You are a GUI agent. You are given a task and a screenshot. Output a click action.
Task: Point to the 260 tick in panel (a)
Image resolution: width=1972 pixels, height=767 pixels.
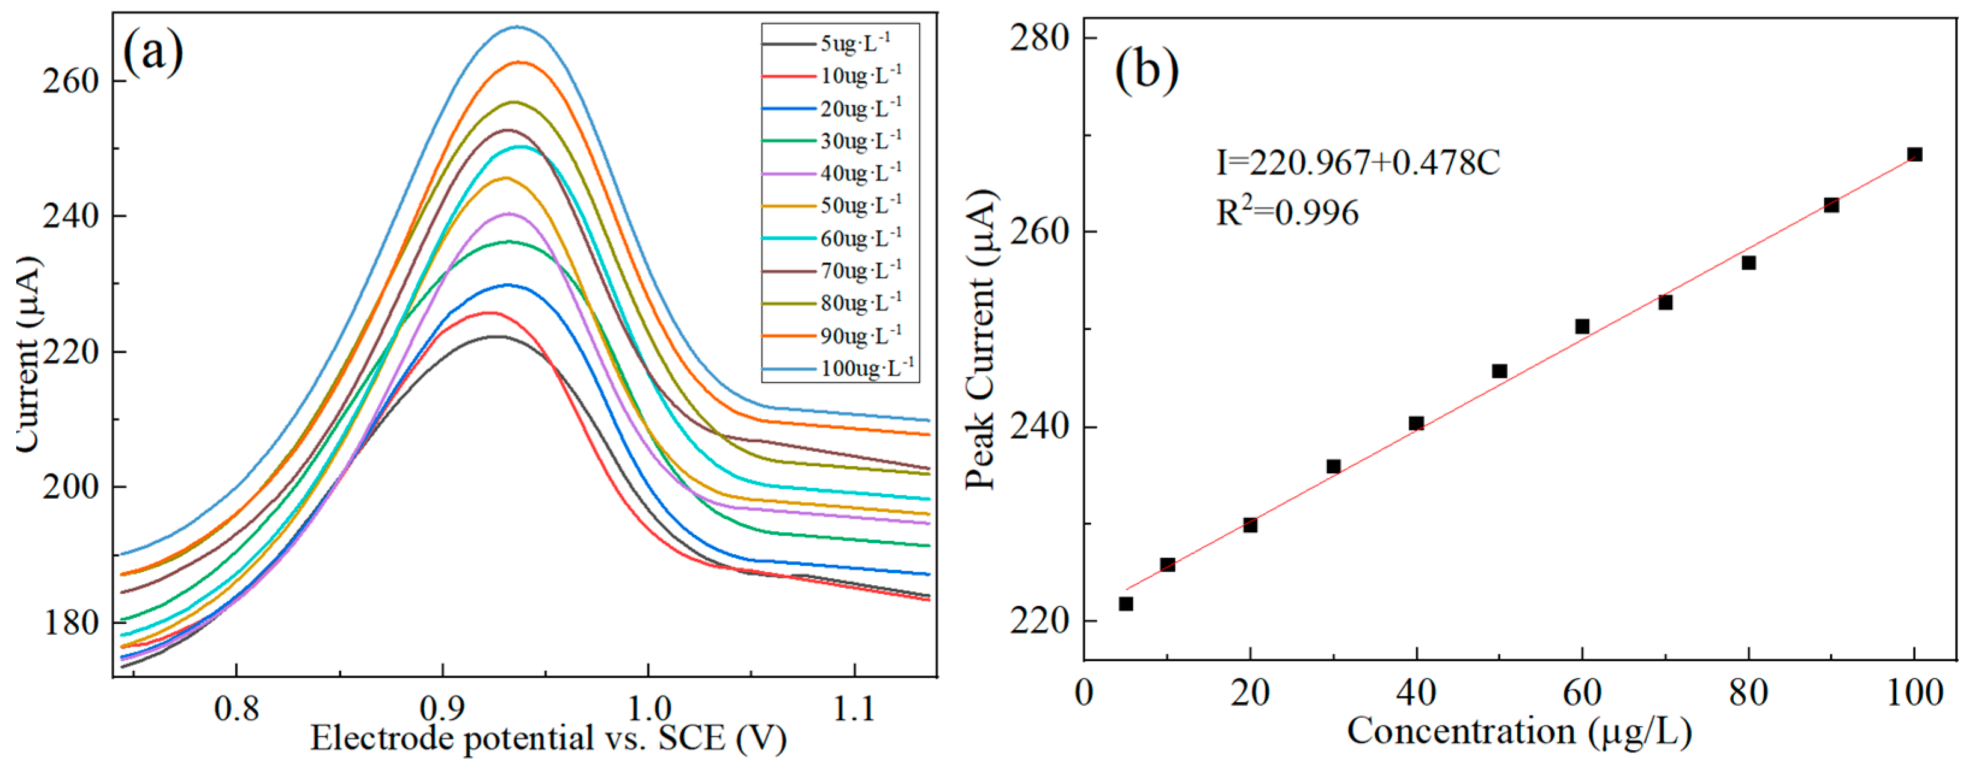click(71, 81)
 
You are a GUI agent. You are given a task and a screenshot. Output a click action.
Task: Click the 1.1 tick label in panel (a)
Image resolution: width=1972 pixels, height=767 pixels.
click(854, 709)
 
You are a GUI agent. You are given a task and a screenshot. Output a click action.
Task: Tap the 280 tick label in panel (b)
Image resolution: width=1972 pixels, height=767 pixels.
click(1039, 39)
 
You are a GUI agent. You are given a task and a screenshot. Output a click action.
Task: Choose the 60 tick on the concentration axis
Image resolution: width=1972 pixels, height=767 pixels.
click(1582, 693)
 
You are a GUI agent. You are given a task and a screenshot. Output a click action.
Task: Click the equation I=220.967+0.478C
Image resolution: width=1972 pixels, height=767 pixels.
click(1358, 162)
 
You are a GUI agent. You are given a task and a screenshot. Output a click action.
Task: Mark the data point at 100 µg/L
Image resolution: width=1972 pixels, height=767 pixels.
click(1915, 155)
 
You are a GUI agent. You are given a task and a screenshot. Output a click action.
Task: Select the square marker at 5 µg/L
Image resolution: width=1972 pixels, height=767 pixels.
click(1126, 604)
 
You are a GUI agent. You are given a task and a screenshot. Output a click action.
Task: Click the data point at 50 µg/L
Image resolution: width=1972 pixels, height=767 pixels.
click(1500, 371)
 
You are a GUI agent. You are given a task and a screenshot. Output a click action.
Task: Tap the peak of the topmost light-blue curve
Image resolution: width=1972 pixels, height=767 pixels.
click(518, 27)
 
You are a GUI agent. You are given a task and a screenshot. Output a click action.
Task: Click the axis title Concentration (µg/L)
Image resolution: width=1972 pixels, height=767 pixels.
click(1519, 731)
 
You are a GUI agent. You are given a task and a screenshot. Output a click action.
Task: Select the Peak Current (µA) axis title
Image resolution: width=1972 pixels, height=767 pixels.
click(981, 340)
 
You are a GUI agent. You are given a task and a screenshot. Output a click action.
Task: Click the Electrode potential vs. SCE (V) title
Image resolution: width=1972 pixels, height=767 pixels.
click(548, 739)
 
